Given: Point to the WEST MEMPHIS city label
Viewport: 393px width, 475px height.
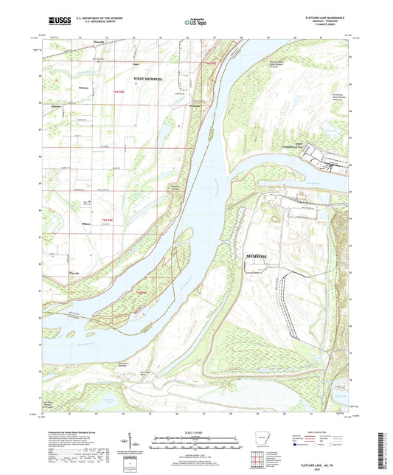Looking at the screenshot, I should point(151,77).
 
